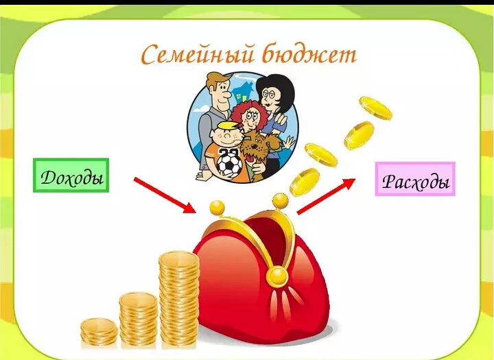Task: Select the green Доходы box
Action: pos(71,176)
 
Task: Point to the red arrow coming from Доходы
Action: pos(163,193)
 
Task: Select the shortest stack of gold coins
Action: pos(99,332)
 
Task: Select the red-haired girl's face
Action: pos(245,118)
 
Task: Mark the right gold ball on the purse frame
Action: pos(280,200)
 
